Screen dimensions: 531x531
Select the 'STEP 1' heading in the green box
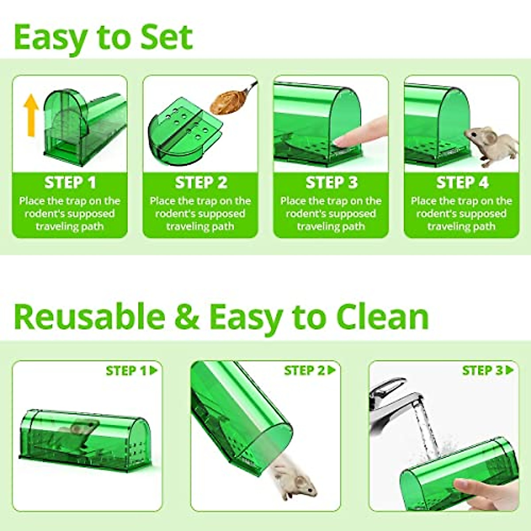(x=70, y=182)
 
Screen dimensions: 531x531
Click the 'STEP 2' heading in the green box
(x=200, y=182)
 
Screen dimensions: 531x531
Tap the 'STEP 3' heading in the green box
(x=331, y=182)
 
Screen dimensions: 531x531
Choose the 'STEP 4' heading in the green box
(x=462, y=182)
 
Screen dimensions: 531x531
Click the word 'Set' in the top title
(x=166, y=37)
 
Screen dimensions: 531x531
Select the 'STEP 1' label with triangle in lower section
(x=131, y=370)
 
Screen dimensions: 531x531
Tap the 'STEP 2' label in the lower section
(x=310, y=370)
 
